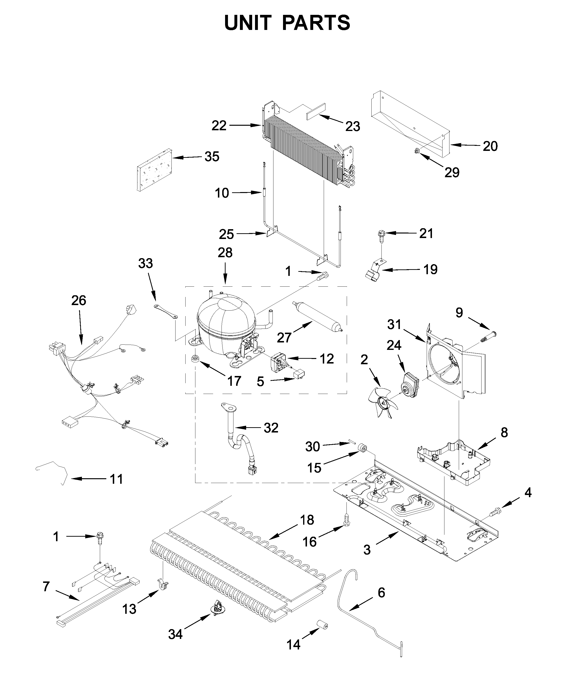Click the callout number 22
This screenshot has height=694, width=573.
pyautogui.click(x=219, y=126)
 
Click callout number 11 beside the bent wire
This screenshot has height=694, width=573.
pyautogui.click(x=116, y=479)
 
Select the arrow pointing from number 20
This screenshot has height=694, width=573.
pyautogui.click(x=465, y=145)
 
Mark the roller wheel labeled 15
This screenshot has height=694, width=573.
pyautogui.click(x=363, y=449)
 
